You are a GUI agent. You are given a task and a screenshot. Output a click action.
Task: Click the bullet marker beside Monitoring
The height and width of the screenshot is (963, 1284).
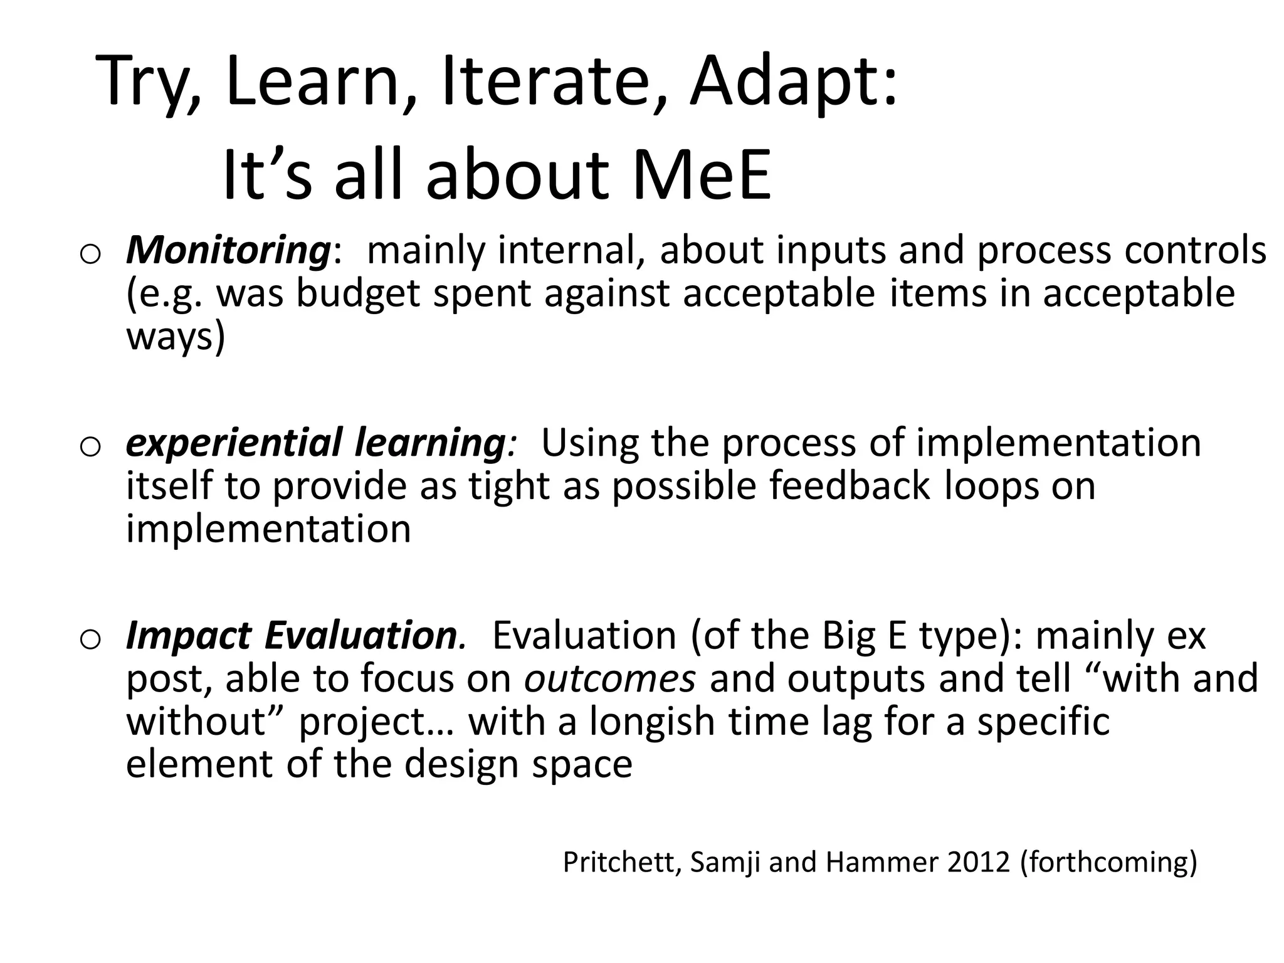(x=91, y=255)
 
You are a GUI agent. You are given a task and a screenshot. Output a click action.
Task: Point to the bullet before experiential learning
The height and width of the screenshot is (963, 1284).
(x=91, y=447)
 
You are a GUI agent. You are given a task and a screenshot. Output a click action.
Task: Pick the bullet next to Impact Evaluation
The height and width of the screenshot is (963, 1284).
(x=91, y=639)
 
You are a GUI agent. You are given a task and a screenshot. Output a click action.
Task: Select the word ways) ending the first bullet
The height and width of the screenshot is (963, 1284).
(x=175, y=337)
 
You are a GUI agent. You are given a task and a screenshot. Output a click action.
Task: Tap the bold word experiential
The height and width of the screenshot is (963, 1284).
(x=234, y=443)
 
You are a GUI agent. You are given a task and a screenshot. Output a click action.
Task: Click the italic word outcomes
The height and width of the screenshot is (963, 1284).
(x=610, y=678)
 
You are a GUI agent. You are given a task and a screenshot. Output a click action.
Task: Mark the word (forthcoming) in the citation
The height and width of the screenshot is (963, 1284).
(x=1108, y=862)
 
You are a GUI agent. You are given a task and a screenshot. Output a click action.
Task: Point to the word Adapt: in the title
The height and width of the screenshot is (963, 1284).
(x=794, y=82)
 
